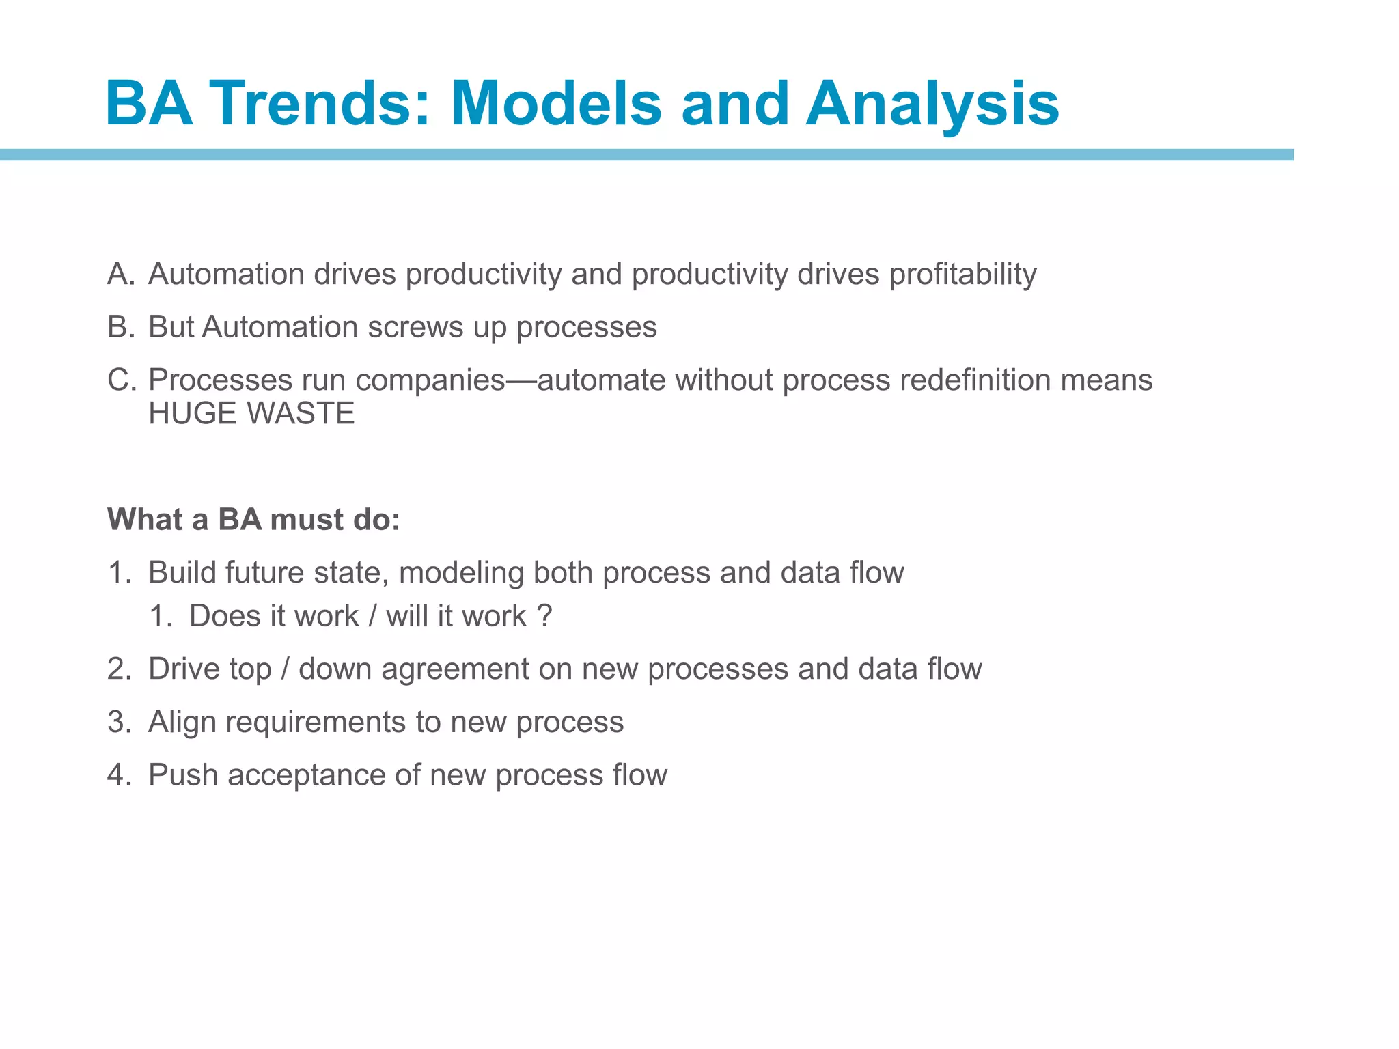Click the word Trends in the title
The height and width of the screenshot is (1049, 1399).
point(320,104)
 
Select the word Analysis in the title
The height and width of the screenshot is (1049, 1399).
point(932,104)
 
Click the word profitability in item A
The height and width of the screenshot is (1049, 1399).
point(962,274)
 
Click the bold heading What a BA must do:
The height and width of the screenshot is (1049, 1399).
point(253,520)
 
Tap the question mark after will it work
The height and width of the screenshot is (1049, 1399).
point(544,616)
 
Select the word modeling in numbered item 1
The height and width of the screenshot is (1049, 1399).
point(461,572)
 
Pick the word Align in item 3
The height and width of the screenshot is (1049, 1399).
point(182,722)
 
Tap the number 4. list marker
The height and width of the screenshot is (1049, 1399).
point(119,775)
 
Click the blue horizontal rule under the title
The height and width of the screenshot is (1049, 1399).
point(646,155)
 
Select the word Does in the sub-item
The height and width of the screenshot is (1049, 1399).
point(223,616)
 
